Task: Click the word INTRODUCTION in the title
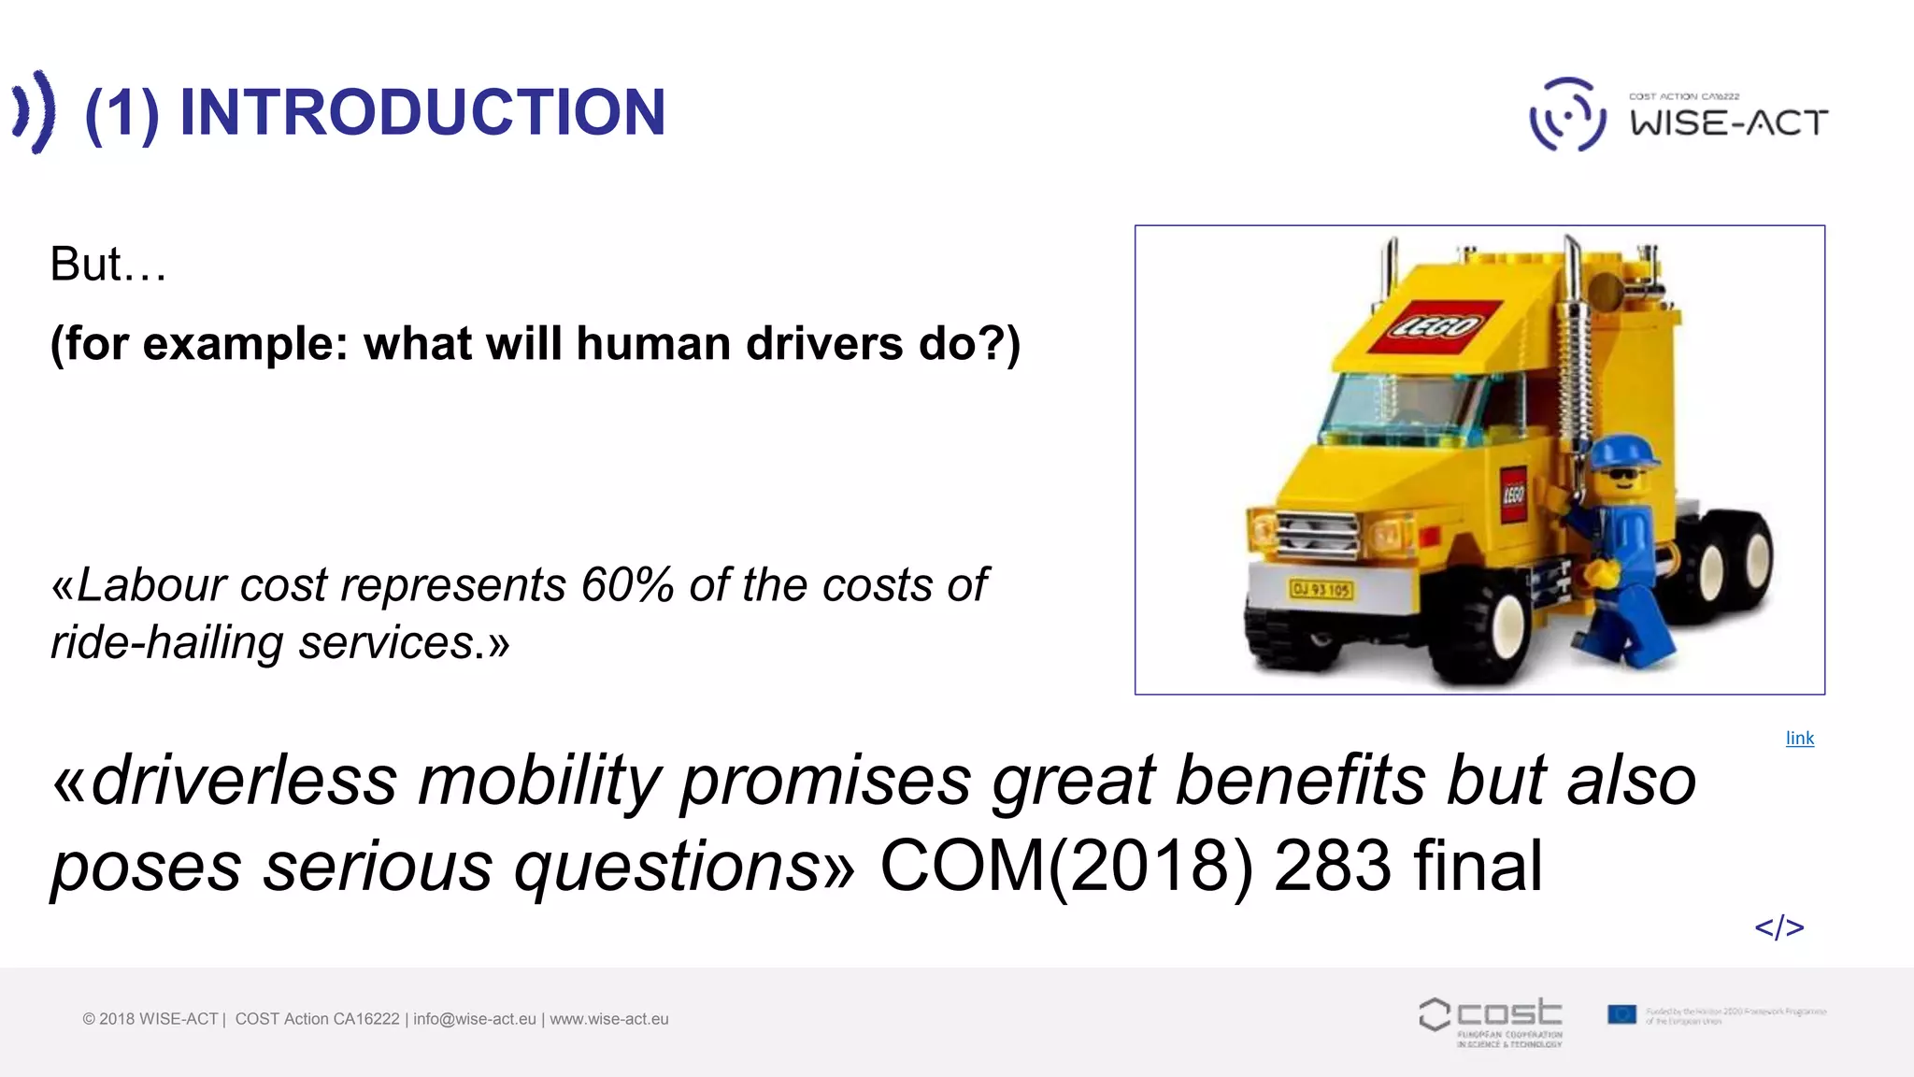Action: click(421, 112)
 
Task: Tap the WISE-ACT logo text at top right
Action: click(1729, 122)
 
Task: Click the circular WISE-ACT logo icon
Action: click(1567, 115)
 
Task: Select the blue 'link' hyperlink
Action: click(1799, 739)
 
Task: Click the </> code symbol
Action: click(1778, 927)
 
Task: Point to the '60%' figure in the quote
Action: click(627, 586)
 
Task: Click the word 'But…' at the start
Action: click(108, 265)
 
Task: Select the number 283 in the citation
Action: click(1333, 866)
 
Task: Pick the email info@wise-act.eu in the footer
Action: click(475, 1019)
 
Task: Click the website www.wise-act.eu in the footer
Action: click(609, 1019)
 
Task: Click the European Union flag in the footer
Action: click(1621, 1014)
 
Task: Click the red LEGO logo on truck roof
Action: click(1435, 325)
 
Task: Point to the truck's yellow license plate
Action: click(1321, 589)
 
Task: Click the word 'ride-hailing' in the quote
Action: click(166, 643)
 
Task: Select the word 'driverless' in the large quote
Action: click(244, 782)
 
